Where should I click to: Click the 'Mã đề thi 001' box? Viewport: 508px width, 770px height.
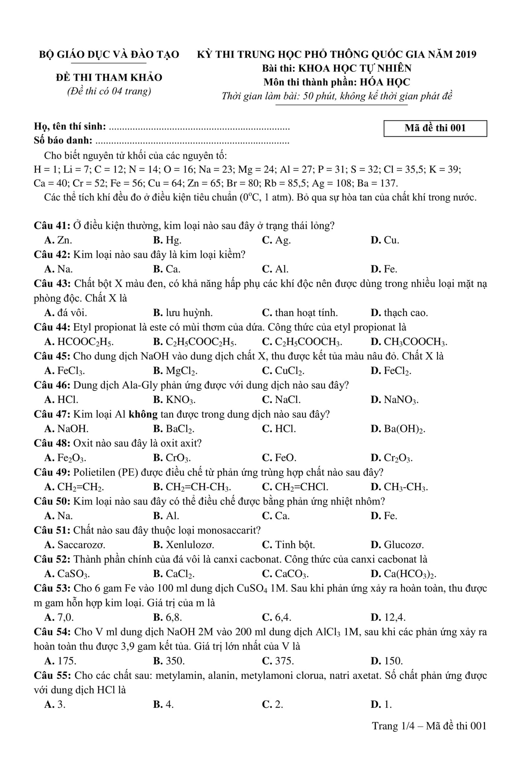pyautogui.click(x=435, y=128)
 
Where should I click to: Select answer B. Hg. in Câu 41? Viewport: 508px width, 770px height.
pyautogui.click(x=167, y=240)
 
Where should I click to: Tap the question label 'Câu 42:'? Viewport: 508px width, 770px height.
pyautogui.click(x=52, y=255)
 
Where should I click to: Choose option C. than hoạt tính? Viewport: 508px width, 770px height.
pyautogui.click(x=300, y=313)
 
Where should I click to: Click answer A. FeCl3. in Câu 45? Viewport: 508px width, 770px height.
pyautogui.click(x=65, y=371)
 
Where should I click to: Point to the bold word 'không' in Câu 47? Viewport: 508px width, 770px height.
pyautogui.click(x=143, y=414)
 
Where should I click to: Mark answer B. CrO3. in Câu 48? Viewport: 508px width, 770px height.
pyautogui.click(x=172, y=458)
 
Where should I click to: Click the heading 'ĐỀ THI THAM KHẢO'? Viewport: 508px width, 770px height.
pyautogui.click(x=109, y=78)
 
